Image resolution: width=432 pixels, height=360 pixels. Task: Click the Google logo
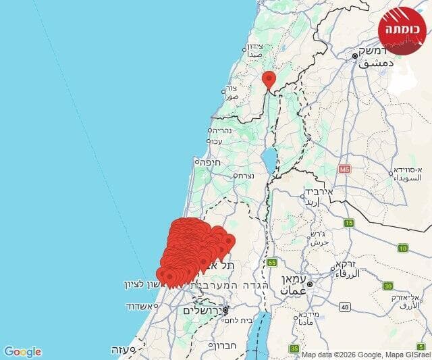22,351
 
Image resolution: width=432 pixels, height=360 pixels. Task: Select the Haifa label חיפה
207,162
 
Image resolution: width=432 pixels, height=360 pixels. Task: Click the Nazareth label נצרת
242,175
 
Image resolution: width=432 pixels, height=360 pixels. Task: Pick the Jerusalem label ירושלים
201,311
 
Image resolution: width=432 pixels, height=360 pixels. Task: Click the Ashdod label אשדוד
141,306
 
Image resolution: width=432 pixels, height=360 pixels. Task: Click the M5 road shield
346,168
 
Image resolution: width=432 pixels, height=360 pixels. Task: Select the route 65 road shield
272,261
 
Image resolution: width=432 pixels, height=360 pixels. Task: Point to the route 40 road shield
344,307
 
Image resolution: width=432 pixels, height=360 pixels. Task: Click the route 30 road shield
388,286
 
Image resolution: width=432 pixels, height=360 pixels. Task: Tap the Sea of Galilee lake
269,161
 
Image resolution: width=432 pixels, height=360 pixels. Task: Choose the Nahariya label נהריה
221,130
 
